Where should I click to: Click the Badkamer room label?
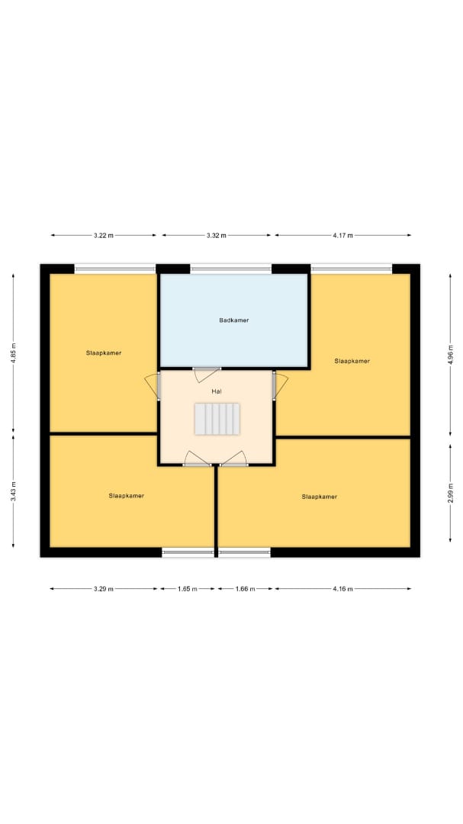(234, 320)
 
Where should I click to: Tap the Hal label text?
(217, 391)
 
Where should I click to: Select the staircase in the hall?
(217, 419)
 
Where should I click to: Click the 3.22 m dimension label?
(104, 236)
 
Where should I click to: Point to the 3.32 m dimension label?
(217, 236)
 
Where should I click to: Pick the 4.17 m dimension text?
(342, 236)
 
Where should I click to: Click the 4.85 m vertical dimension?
(14, 352)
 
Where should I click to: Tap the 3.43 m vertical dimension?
(14, 491)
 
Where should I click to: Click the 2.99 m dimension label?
(450, 493)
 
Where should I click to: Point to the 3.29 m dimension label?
(104, 589)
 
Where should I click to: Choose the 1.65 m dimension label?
(188, 589)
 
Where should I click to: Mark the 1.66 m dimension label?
(245, 589)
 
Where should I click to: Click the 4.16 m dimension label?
(342, 589)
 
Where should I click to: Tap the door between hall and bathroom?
(206, 374)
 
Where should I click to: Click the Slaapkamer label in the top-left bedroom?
(104, 353)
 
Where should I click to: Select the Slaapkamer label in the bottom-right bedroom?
(320, 497)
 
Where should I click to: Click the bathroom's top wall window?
(230, 269)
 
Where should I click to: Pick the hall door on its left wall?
(153, 385)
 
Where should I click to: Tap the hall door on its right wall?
(280, 385)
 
